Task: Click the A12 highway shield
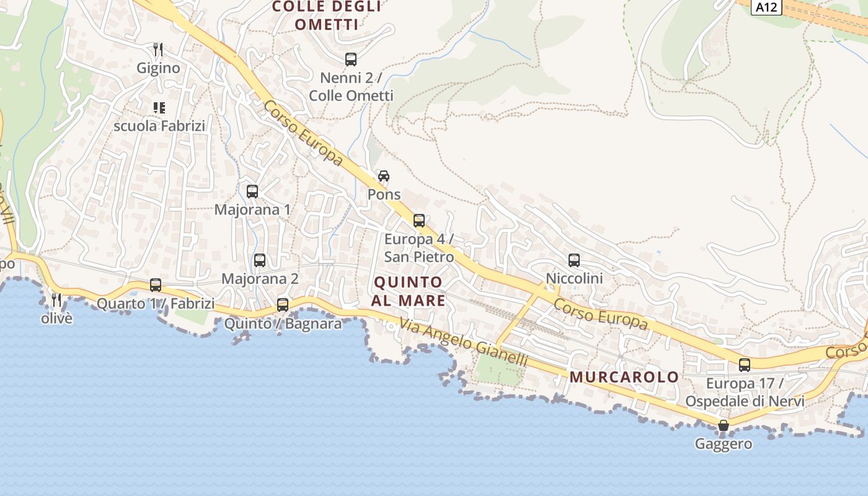click(x=767, y=7)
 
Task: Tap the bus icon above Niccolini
click(x=574, y=260)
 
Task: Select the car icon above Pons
click(x=384, y=176)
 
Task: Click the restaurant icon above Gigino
click(x=158, y=50)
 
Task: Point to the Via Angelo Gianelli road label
click(x=463, y=342)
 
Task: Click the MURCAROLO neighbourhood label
click(x=624, y=377)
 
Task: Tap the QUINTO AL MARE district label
click(x=409, y=291)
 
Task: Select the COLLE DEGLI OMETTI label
click(x=327, y=15)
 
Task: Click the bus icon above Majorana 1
click(x=252, y=192)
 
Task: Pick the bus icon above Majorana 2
click(x=260, y=260)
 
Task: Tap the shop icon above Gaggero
click(x=723, y=425)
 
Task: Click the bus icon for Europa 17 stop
click(x=745, y=365)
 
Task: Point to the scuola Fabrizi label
click(x=159, y=126)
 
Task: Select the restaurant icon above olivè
click(x=56, y=300)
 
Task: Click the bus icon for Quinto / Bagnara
click(x=283, y=305)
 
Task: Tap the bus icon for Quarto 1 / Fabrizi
click(x=156, y=285)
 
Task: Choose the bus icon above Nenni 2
click(x=351, y=60)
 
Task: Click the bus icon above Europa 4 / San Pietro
click(x=419, y=221)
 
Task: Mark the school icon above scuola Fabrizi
click(x=159, y=108)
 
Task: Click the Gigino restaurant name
click(x=158, y=68)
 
